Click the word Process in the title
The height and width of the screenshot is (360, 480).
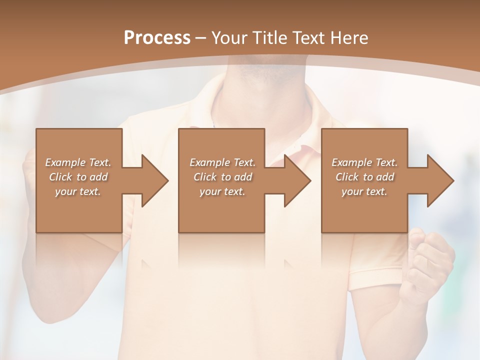pyautogui.click(x=157, y=38)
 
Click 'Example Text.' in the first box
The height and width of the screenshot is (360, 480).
pyautogui.click(x=78, y=162)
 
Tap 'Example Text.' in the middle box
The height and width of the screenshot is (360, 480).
pyautogui.click(x=222, y=162)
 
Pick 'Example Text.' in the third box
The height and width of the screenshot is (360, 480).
pyautogui.click(x=364, y=162)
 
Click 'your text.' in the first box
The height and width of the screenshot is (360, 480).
pyautogui.click(x=78, y=191)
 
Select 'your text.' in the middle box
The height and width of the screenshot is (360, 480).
pyautogui.click(x=222, y=191)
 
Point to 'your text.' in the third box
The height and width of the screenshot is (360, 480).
pyautogui.click(x=364, y=191)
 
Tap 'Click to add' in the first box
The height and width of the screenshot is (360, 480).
pyautogui.click(x=78, y=177)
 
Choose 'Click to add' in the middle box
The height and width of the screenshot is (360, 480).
pyautogui.click(x=222, y=177)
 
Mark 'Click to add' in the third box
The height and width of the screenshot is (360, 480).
pyautogui.click(x=364, y=177)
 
